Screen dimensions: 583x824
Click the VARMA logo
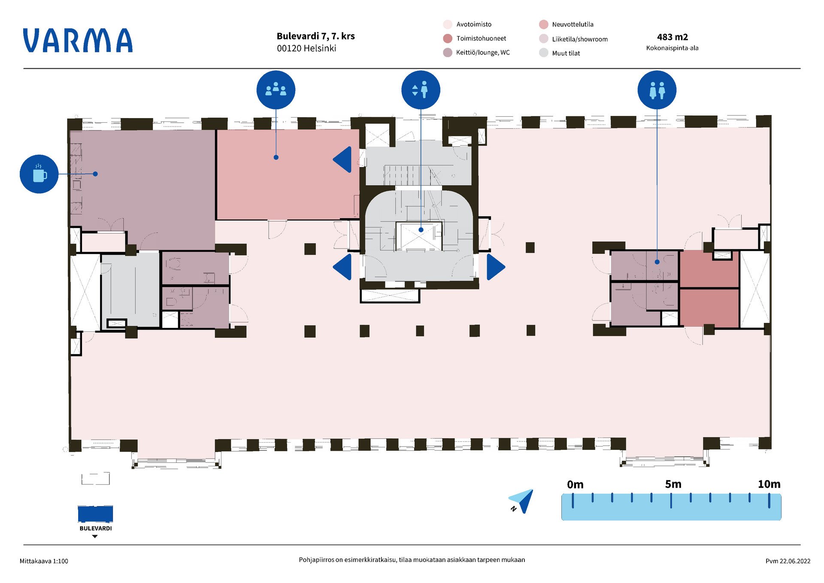(x=78, y=41)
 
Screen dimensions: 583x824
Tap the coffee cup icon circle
(x=39, y=174)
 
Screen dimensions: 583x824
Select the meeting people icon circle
(x=276, y=90)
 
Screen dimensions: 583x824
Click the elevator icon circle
(x=421, y=90)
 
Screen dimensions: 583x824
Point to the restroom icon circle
(x=657, y=90)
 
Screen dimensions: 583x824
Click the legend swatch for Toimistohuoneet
(x=448, y=39)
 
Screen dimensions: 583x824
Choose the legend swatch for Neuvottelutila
(x=544, y=24)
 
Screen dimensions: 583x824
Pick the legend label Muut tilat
(x=566, y=53)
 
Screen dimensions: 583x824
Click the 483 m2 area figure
(x=672, y=37)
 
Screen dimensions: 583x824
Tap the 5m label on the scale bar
(x=673, y=484)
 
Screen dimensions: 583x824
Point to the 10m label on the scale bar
(x=769, y=484)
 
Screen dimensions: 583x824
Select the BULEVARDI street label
(x=95, y=528)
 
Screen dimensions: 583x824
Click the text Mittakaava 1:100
(x=44, y=561)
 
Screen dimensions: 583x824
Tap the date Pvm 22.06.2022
(x=788, y=561)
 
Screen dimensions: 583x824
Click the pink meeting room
(x=288, y=185)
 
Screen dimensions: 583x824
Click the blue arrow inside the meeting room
(x=343, y=160)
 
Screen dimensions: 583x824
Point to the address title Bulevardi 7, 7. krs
(x=315, y=36)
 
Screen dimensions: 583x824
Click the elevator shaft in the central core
(x=419, y=235)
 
